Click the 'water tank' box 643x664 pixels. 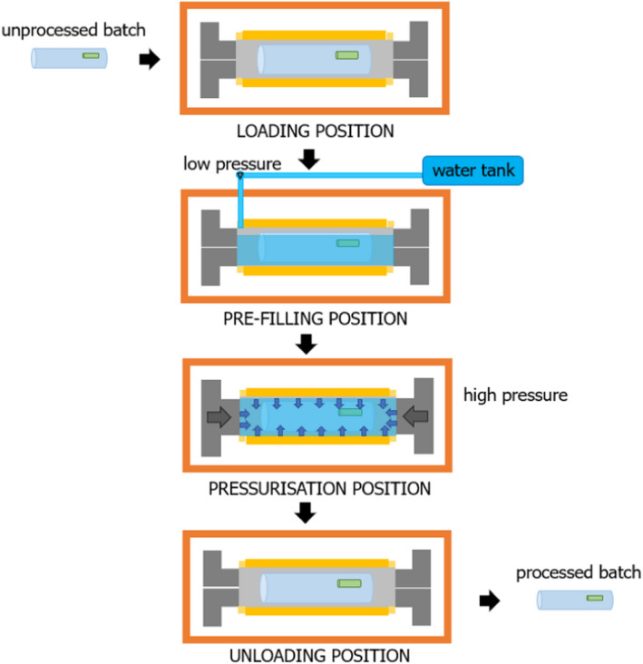pyautogui.click(x=474, y=171)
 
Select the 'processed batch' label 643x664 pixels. pyautogui.click(x=579, y=572)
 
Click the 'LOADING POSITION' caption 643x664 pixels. pyautogui.click(x=315, y=131)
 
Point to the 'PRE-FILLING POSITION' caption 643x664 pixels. pyautogui.click(x=314, y=318)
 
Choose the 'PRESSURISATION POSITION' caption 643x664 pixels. pyautogui.click(x=318, y=489)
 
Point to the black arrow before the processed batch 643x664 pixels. pyautogui.click(x=489, y=600)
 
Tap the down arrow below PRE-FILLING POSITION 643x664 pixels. pyautogui.click(x=307, y=344)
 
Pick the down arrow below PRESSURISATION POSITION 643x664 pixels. pyautogui.click(x=307, y=513)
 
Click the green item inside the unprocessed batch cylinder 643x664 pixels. pyautogui.click(x=91, y=56)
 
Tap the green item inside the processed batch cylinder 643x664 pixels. pyautogui.click(x=595, y=599)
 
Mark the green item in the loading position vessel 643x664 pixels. pyautogui.click(x=347, y=56)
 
